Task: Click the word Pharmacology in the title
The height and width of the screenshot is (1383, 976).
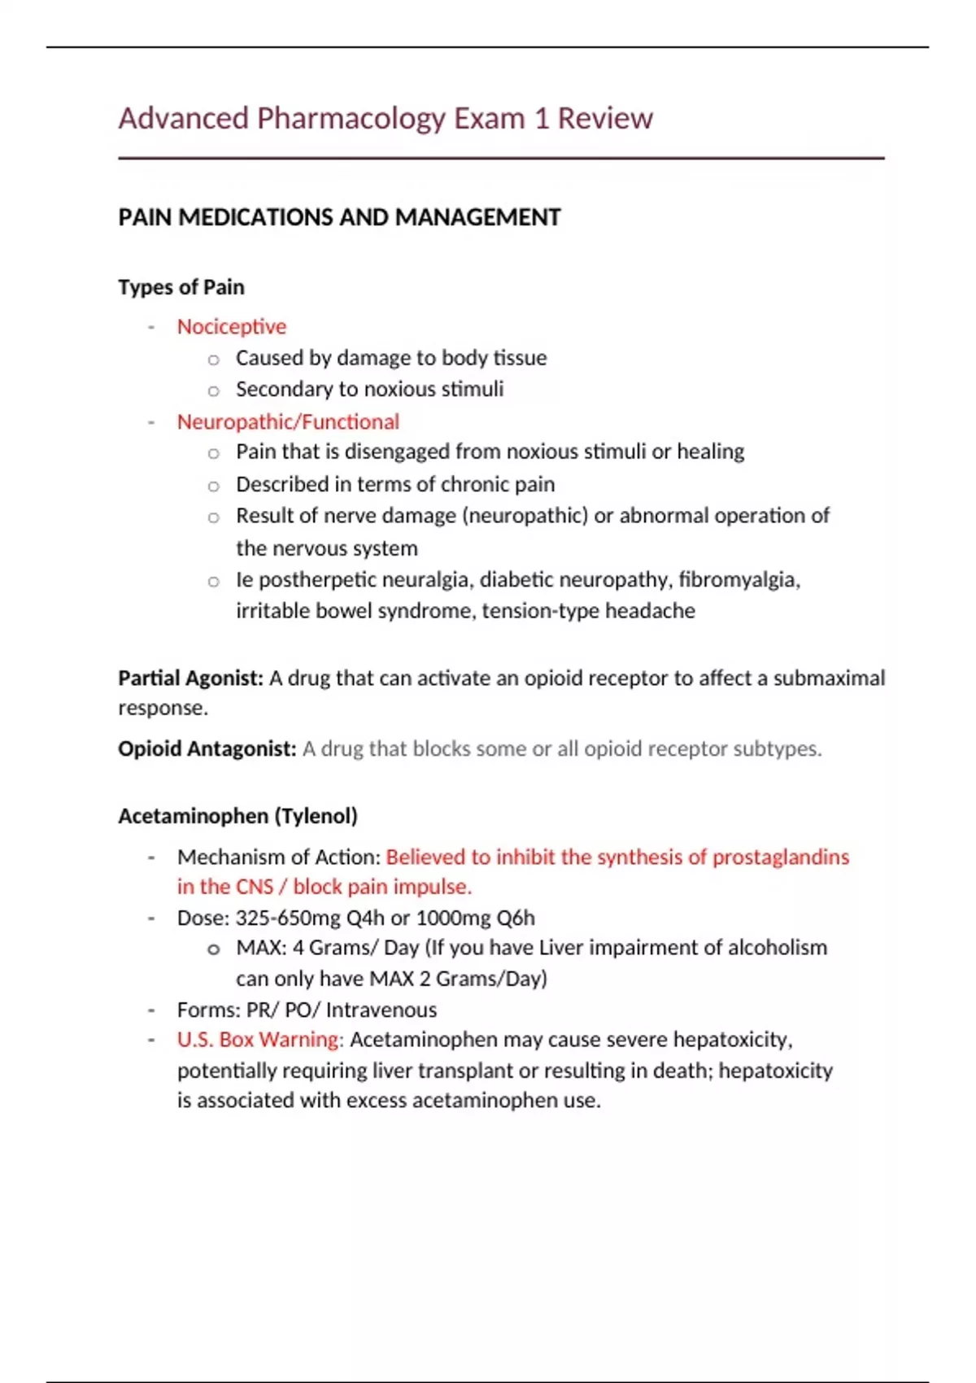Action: click(x=351, y=119)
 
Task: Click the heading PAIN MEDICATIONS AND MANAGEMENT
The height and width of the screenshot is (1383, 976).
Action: click(x=339, y=218)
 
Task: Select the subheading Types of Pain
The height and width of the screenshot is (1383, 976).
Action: click(x=181, y=287)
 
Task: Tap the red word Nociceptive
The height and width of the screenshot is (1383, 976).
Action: click(x=232, y=327)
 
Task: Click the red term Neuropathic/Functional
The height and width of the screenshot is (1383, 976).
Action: click(x=288, y=422)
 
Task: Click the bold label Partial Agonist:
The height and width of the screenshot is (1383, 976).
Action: click(x=190, y=678)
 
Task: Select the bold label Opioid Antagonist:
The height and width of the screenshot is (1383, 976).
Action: click(x=207, y=749)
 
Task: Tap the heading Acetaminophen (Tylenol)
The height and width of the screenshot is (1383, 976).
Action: click(x=237, y=817)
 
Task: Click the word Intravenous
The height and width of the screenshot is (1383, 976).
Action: click(x=381, y=1010)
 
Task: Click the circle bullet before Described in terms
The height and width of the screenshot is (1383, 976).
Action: click(x=213, y=486)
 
